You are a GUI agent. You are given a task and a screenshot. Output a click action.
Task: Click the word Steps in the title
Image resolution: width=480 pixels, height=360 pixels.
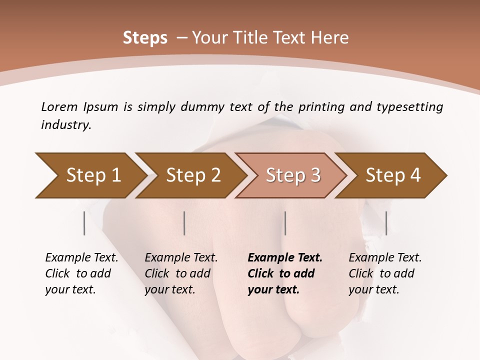tap(145, 38)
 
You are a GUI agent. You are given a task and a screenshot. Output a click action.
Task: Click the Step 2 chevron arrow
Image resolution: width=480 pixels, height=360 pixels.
tap(193, 175)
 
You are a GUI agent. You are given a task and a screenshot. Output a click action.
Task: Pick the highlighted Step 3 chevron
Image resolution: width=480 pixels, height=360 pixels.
tap(293, 175)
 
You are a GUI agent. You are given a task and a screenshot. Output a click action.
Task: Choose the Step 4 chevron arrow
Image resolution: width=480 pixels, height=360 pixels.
tap(393, 175)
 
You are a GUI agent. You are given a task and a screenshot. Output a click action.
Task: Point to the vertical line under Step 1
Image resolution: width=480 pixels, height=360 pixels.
tap(84, 223)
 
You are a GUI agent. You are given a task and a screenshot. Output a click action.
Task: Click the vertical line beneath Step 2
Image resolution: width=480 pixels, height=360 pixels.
tap(184, 223)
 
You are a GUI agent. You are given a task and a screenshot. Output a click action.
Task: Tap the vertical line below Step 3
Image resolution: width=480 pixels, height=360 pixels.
tap(285, 223)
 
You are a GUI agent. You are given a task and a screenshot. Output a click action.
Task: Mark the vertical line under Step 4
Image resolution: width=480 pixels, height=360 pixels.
tap(386, 223)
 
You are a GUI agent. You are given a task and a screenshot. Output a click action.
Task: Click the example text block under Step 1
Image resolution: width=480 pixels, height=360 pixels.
tap(81, 273)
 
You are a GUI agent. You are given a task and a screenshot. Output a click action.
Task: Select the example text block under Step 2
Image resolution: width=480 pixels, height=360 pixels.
tap(181, 273)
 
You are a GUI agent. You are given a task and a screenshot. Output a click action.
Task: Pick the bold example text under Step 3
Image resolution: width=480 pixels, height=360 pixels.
tap(285, 273)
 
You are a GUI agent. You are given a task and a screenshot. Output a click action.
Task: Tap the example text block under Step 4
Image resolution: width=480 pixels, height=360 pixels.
tap(385, 273)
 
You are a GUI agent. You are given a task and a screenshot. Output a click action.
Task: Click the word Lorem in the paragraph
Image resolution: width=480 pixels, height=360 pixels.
tap(59, 106)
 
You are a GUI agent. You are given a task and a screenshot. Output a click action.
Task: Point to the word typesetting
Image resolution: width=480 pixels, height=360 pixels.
tap(409, 106)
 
